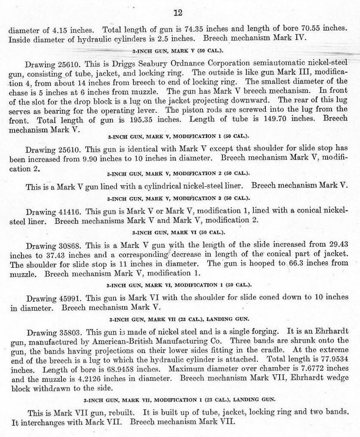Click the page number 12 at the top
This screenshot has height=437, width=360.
[x=178, y=12]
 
